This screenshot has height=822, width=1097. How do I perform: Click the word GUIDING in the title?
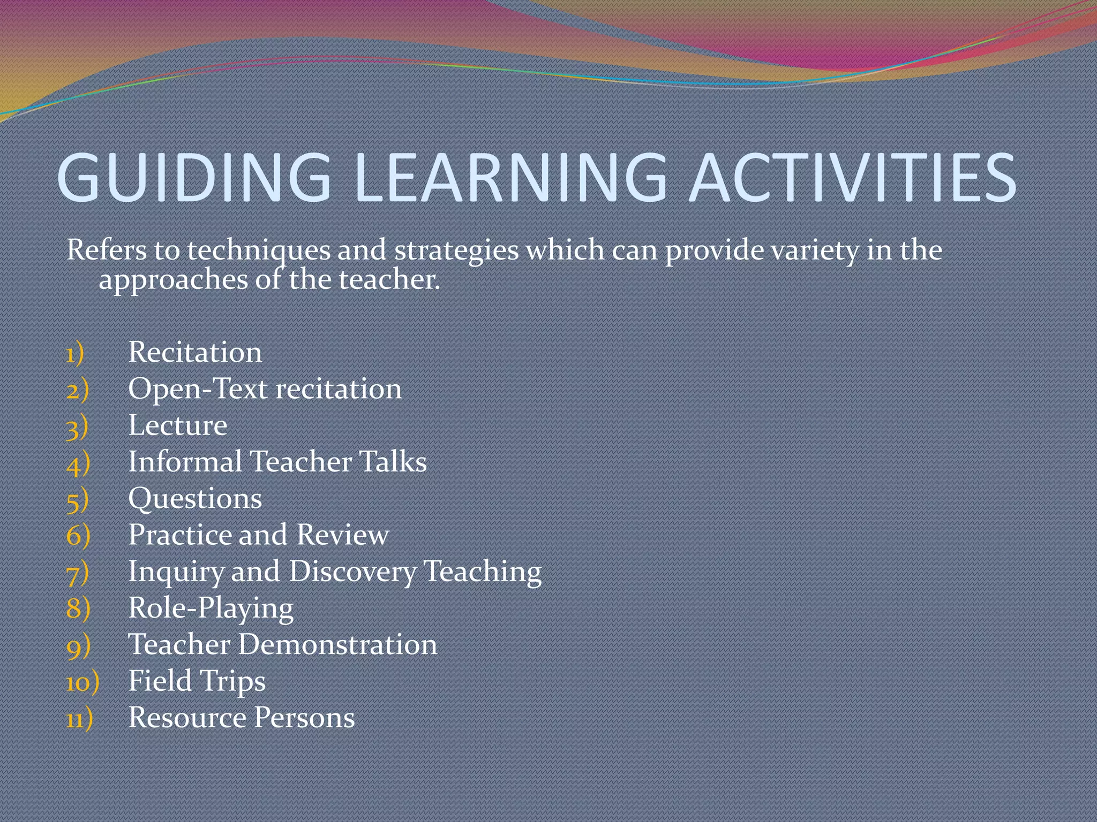(x=194, y=178)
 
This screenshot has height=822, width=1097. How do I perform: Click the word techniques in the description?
(x=259, y=251)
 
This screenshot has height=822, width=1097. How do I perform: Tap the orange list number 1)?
(x=76, y=354)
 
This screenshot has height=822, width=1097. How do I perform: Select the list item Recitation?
(x=195, y=353)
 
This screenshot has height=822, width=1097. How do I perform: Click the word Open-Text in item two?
(x=198, y=390)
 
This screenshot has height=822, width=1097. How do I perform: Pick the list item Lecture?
(x=178, y=426)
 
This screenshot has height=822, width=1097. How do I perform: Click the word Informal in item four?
(x=185, y=462)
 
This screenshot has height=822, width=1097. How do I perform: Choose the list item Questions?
(x=195, y=499)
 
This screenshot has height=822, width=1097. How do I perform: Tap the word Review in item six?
(x=343, y=535)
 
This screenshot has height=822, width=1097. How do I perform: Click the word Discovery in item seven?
(x=352, y=572)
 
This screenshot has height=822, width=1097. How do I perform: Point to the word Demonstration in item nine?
(x=337, y=645)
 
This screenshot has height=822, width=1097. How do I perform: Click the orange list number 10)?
(x=82, y=683)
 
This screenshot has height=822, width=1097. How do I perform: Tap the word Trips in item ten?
(x=233, y=682)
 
